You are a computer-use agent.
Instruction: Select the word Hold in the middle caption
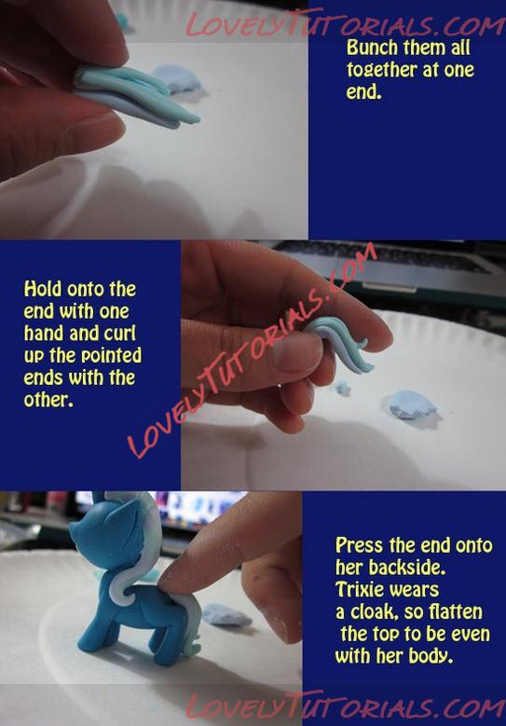pos(43,289)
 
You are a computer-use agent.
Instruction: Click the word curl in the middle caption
pos(120,334)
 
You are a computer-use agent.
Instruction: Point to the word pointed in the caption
pos(111,356)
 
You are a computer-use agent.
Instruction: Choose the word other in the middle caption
pos(48,400)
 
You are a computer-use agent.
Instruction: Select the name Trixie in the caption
pos(362,589)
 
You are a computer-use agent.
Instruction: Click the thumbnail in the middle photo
pos(296,352)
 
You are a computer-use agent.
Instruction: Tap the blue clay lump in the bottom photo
pos(226,614)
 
